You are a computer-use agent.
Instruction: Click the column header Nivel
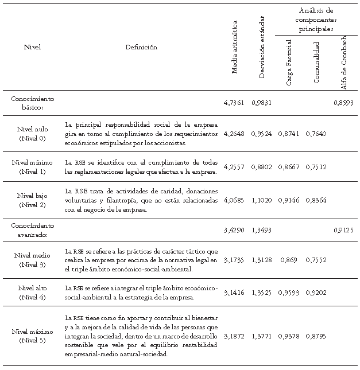[x=33, y=48]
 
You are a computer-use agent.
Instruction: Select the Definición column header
[x=141, y=48]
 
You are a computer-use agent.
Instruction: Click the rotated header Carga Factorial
[x=289, y=63]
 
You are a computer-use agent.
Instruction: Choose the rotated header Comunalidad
[x=316, y=63]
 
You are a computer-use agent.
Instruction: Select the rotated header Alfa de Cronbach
[x=344, y=61]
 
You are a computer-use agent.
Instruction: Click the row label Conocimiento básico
[x=33, y=103]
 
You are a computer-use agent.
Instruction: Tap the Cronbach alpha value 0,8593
[x=344, y=103]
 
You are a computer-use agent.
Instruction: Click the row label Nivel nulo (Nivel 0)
[x=33, y=134]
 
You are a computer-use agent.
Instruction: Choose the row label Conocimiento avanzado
[x=33, y=230]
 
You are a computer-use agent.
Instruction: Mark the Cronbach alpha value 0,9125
[x=344, y=230]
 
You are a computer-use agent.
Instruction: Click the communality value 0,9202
[x=316, y=292]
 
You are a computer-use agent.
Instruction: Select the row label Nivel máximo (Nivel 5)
[x=33, y=336]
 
